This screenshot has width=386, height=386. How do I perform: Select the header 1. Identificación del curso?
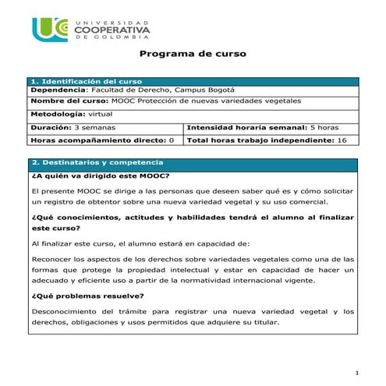(x=85, y=80)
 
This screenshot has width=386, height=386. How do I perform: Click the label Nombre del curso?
(x=69, y=101)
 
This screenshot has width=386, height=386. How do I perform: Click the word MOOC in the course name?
(x=126, y=101)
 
